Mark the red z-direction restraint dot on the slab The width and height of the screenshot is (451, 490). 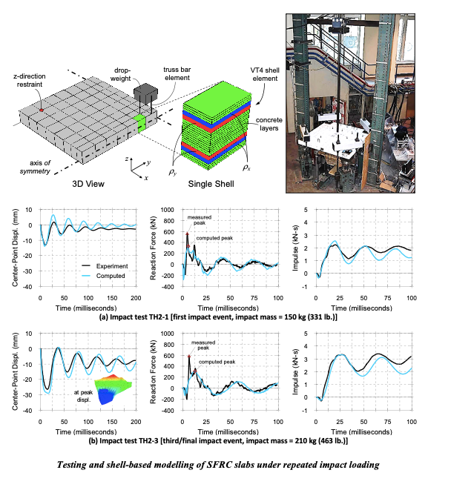tap(42, 109)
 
